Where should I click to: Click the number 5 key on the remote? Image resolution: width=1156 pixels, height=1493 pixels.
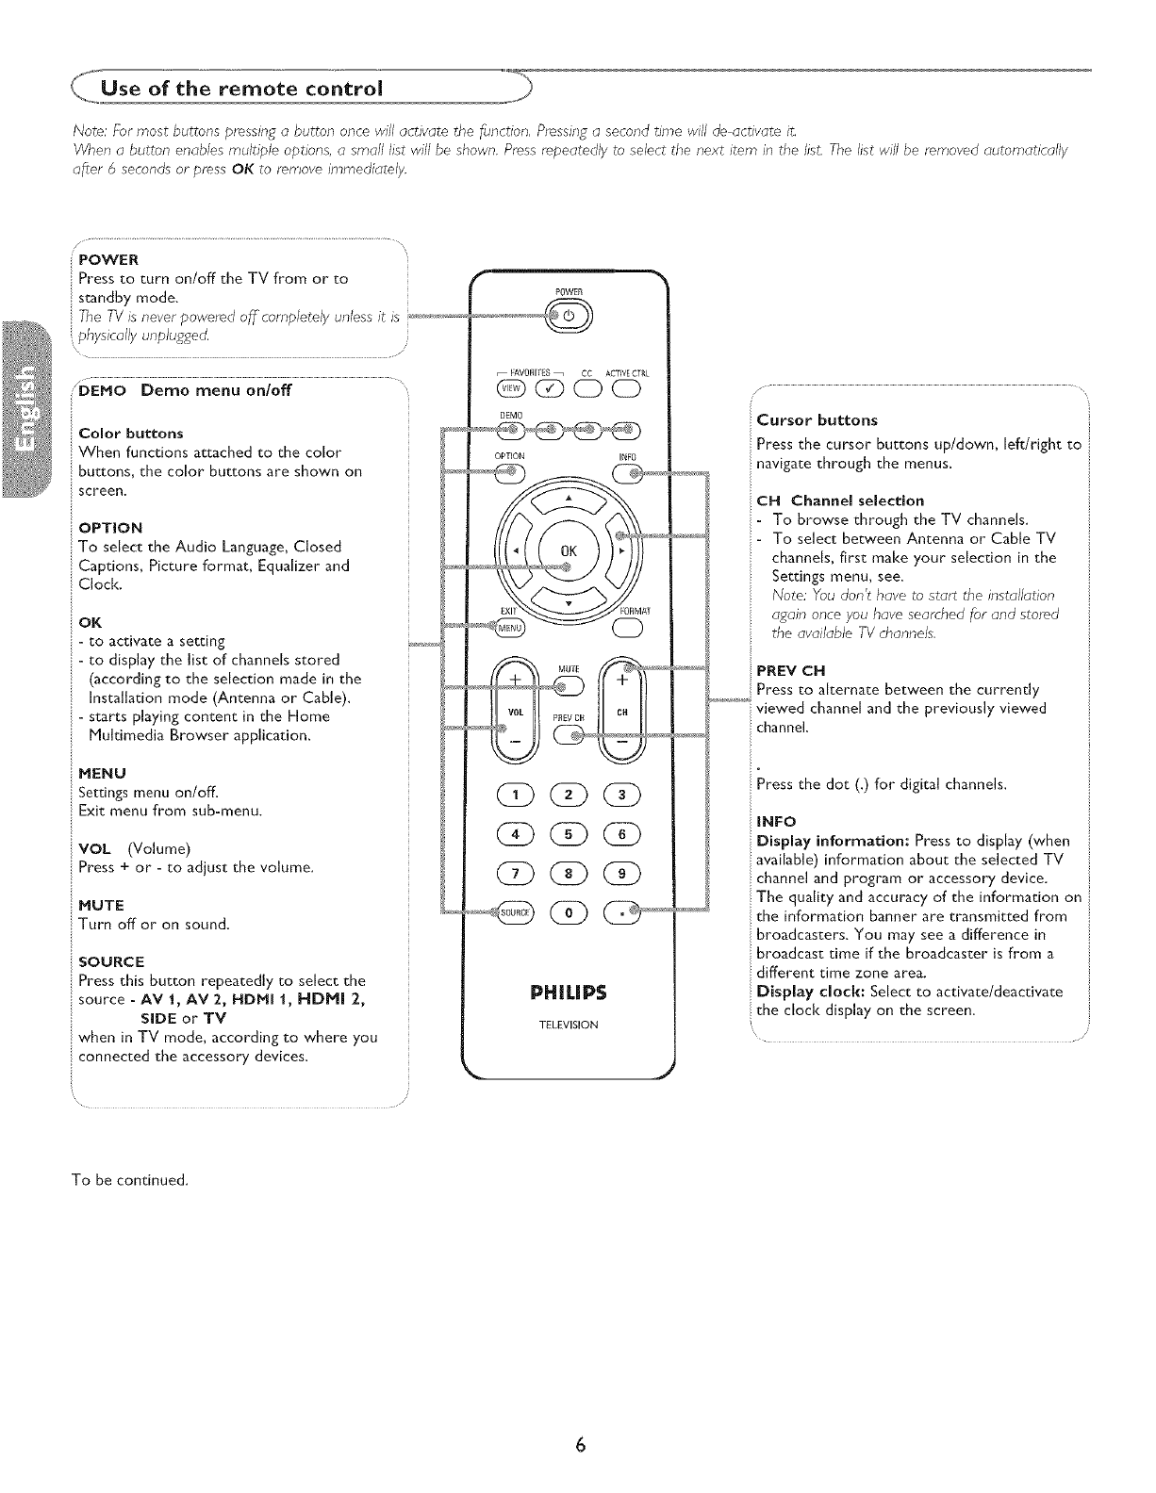pyautogui.click(x=568, y=833)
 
